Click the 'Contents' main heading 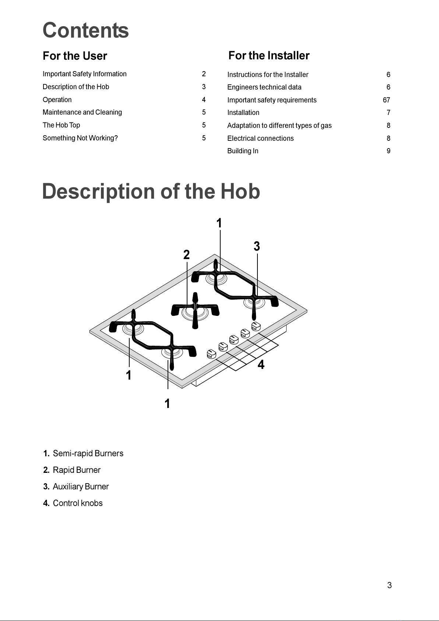85,30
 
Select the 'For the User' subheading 75,56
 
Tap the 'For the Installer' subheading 269,56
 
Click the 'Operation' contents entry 57,100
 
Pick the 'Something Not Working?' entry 80,138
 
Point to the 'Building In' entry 243,151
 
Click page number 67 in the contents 386,100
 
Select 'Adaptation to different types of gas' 279,126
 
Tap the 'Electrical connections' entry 260,139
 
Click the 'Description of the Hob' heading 151,192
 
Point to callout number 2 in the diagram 186,255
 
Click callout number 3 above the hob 257,246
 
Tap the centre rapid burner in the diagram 195,313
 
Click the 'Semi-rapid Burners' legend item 88,454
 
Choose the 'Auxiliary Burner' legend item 81,487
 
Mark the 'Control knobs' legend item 78,503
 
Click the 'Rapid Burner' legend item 77,470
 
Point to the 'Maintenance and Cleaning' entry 82,112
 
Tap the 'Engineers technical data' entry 264,87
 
